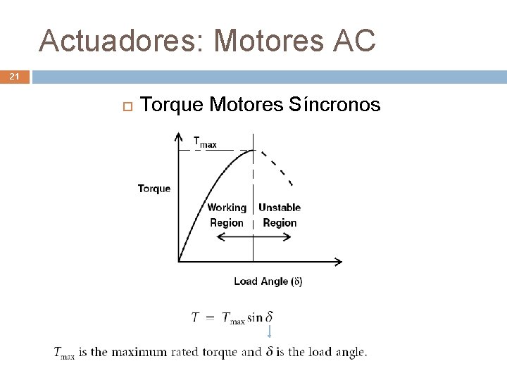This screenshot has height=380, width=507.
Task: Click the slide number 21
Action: coord(14,76)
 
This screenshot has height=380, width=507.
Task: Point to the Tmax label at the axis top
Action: coord(205,142)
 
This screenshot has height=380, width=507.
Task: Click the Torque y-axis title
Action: coord(154,189)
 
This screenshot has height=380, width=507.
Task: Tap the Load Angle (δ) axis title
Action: coord(268,281)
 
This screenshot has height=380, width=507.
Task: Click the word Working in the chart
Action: coord(227,208)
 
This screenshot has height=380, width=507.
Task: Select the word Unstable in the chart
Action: coord(280,208)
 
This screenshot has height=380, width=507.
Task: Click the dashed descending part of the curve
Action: coord(277,167)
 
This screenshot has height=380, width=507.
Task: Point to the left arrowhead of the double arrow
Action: coord(218,237)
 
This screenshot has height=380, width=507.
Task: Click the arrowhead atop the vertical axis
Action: coord(179,137)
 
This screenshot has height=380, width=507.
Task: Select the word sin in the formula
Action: coord(255,317)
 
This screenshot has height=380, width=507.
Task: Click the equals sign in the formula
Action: coord(209,317)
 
